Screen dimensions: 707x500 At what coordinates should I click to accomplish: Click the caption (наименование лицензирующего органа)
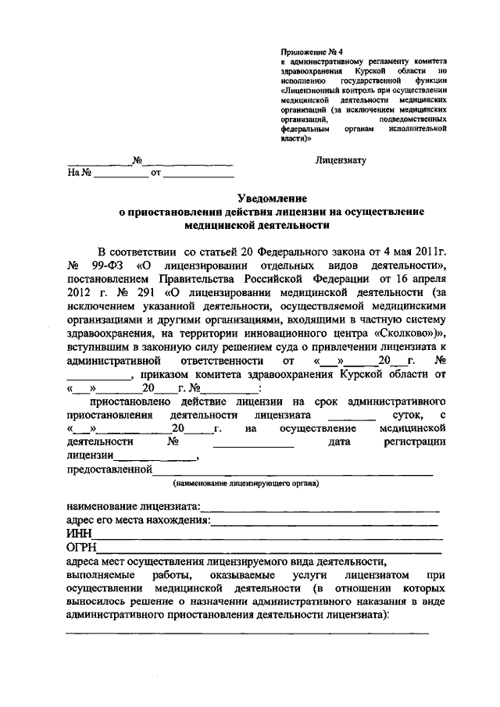click(246, 483)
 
